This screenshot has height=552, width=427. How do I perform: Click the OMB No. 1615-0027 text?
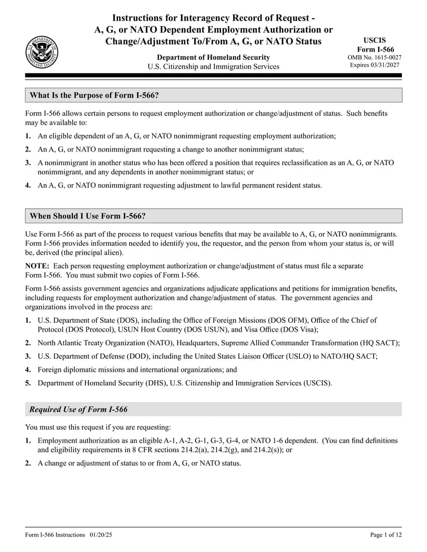[x=374, y=58]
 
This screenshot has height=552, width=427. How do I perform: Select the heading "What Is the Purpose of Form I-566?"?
[x=94, y=95]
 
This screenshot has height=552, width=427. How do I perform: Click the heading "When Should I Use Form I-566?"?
[x=88, y=216]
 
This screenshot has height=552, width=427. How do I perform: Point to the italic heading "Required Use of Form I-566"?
[x=78, y=409]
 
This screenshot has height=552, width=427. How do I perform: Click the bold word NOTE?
[x=37, y=265]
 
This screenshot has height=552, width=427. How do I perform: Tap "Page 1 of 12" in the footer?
[x=386, y=535]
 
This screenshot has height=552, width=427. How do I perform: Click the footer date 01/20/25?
[x=102, y=535]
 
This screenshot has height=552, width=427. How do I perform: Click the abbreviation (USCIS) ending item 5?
[x=317, y=383]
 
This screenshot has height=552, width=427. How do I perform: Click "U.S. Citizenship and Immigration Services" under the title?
[x=213, y=67]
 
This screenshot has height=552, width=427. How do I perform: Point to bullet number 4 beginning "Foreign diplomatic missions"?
[x=28, y=370]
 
